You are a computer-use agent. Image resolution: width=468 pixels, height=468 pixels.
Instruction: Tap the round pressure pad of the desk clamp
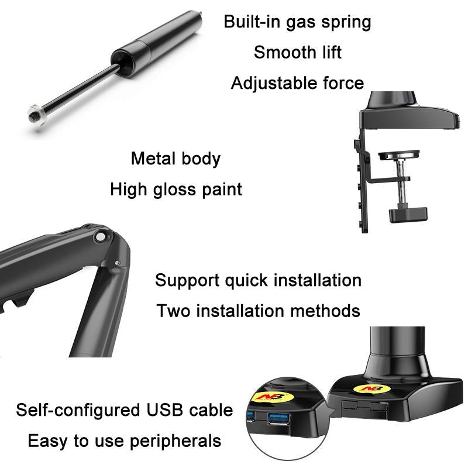pyautogui.click(x=400, y=155)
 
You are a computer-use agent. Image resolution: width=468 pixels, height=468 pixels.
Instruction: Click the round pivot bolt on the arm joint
pyautogui.click(x=102, y=236)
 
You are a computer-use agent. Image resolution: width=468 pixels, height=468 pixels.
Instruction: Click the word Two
pyautogui.click(x=173, y=311)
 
